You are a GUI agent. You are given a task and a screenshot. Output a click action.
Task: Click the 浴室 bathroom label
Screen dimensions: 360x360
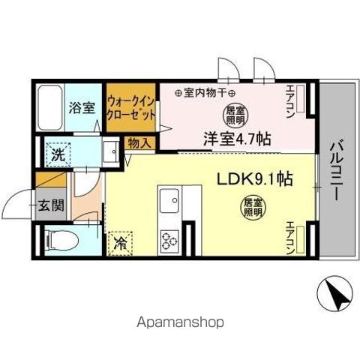(82, 107)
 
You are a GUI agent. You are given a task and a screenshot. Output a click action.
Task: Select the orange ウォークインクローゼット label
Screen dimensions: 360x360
(130, 107)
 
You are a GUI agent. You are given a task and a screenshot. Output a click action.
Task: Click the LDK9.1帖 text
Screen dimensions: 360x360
(254, 179)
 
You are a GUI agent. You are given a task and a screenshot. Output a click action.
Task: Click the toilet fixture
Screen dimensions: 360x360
(59, 241)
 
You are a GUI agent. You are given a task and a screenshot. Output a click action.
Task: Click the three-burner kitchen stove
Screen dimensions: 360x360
(169, 240)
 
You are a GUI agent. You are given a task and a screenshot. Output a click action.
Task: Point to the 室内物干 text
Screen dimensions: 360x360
(203, 93)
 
